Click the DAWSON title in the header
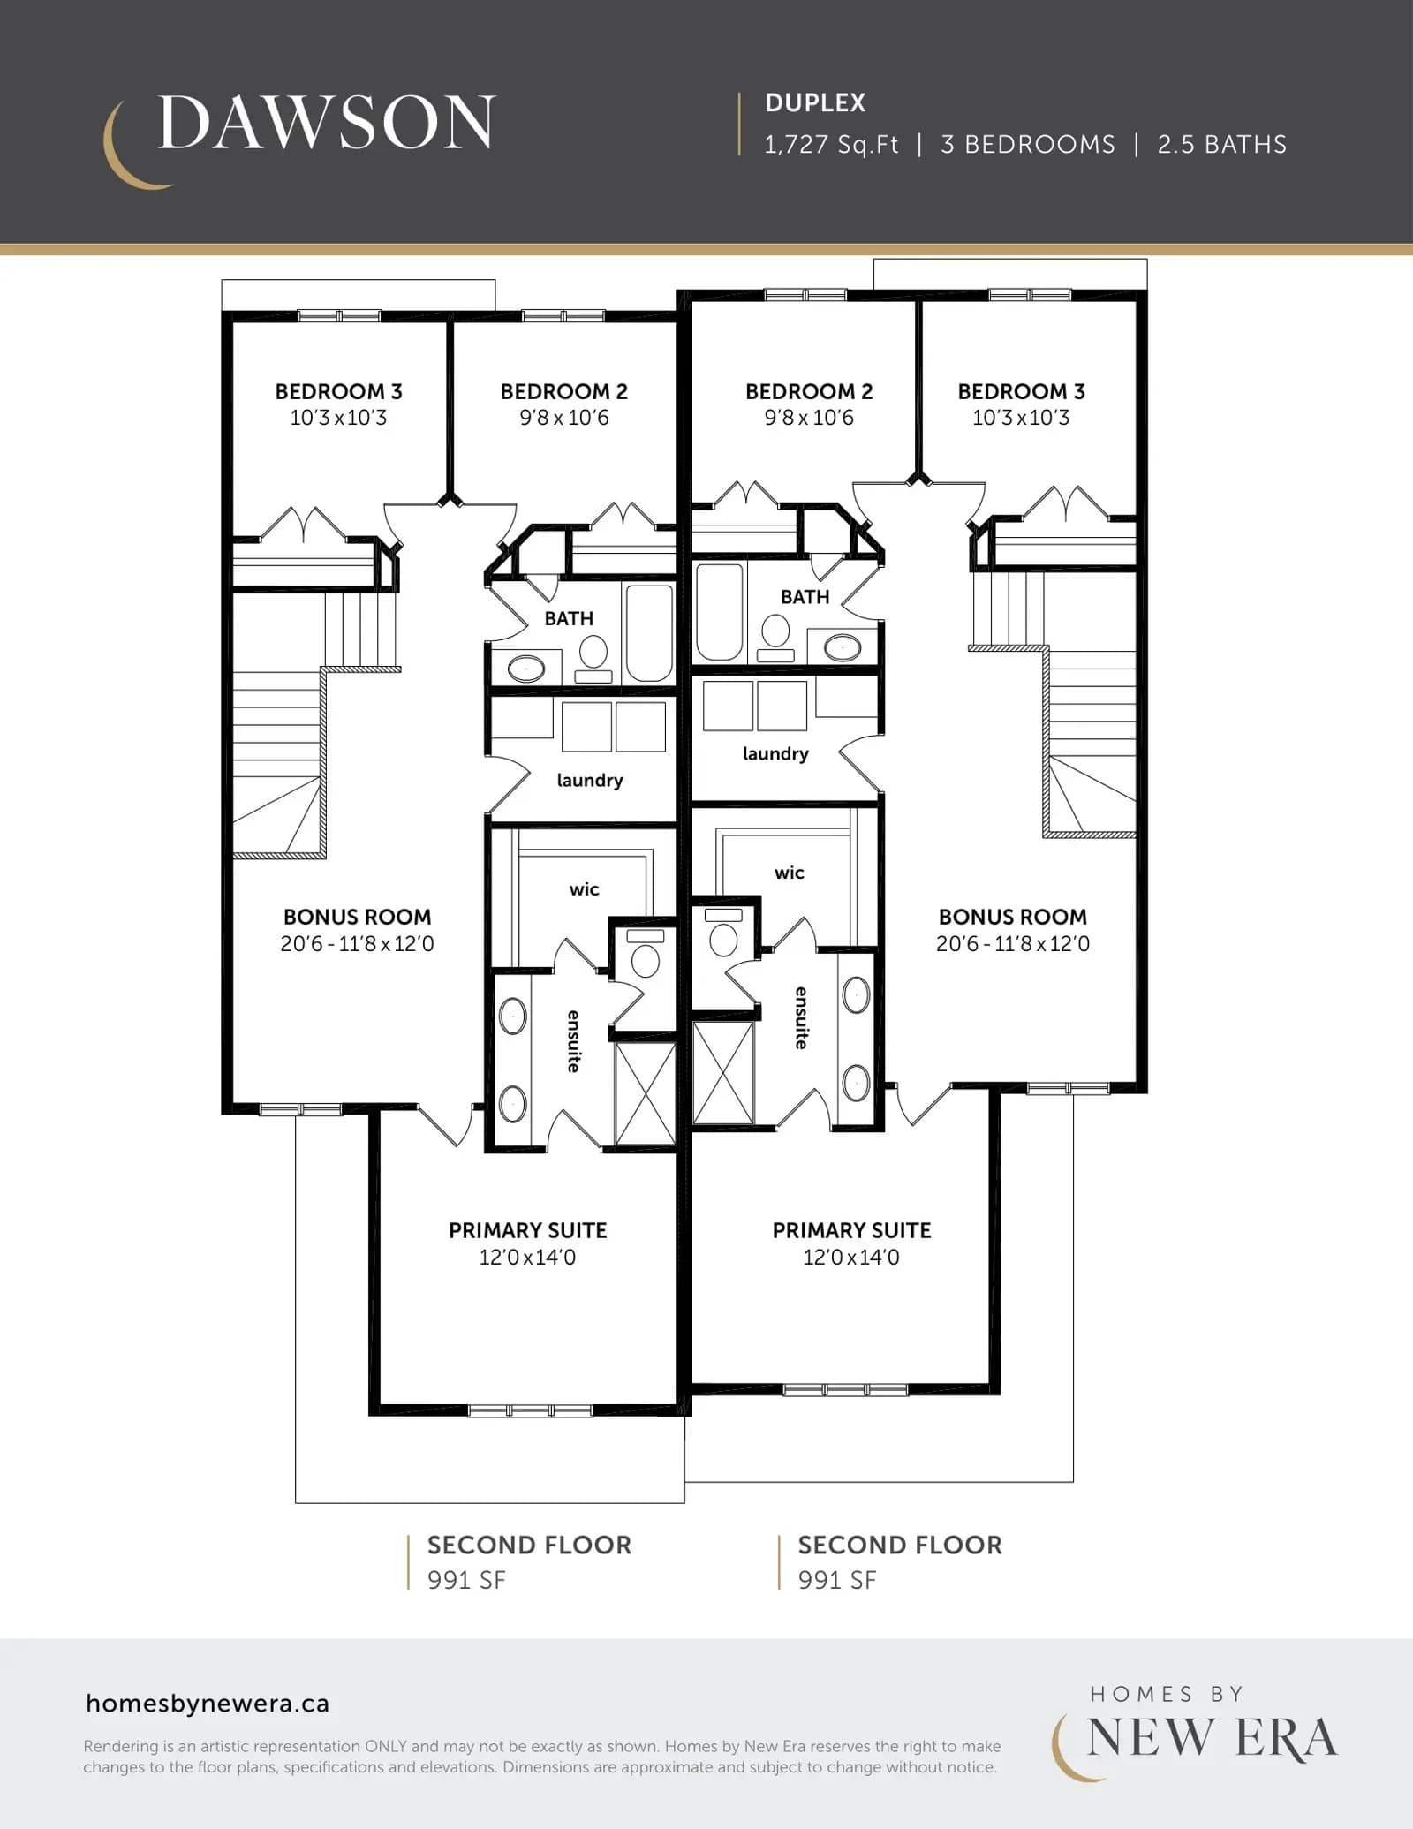(x=326, y=123)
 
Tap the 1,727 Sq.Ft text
(x=831, y=145)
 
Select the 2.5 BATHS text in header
(x=1222, y=145)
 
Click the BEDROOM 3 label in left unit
(x=338, y=391)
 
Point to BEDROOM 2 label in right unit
(x=809, y=391)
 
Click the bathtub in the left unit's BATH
(x=649, y=632)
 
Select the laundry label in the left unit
(x=590, y=781)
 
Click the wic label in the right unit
(x=790, y=873)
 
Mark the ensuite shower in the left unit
(x=646, y=1093)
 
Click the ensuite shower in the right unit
(x=724, y=1073)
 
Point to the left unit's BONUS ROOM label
(x=358, y=917)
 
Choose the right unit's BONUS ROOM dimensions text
(x=1013, y=944)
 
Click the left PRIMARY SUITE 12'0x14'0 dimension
(x=527, y=1258)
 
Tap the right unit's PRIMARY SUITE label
(x=852, y=1230)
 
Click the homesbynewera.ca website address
(x=208, y=1704)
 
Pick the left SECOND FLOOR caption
(x=530, y=1545)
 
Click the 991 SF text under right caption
(x=837, y=1580)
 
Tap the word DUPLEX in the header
(x=815, y=103)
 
